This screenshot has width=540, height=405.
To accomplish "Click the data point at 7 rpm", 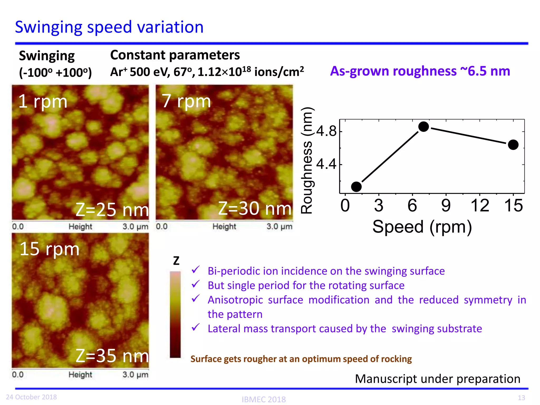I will [x=423, y=127].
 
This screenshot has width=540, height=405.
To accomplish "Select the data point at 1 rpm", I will [x=356, y=187].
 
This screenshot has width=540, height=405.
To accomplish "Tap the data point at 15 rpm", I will [x=513, y=144].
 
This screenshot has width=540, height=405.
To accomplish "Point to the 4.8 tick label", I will [x=326, y=131].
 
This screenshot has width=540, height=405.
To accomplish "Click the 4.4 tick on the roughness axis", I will [x=326, y=164].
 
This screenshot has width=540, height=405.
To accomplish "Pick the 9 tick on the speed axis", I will [x=446, y=206].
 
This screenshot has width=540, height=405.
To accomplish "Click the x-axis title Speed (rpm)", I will [x=422, y=227].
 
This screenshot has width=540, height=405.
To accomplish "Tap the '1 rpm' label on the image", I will [x=43, y=102].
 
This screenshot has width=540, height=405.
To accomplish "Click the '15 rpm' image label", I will [x=49, y=249].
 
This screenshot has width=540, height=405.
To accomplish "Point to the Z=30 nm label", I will [x=255, y=208].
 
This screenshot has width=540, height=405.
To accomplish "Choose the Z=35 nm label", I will [x=112, y=356].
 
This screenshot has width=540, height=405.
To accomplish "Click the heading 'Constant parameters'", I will [x=175, y=55].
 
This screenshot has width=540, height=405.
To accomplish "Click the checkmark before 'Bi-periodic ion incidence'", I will [x=196, y=270].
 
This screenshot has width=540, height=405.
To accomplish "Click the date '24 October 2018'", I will [x=31, y=397].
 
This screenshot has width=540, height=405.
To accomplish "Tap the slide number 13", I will [x=521, y=398].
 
